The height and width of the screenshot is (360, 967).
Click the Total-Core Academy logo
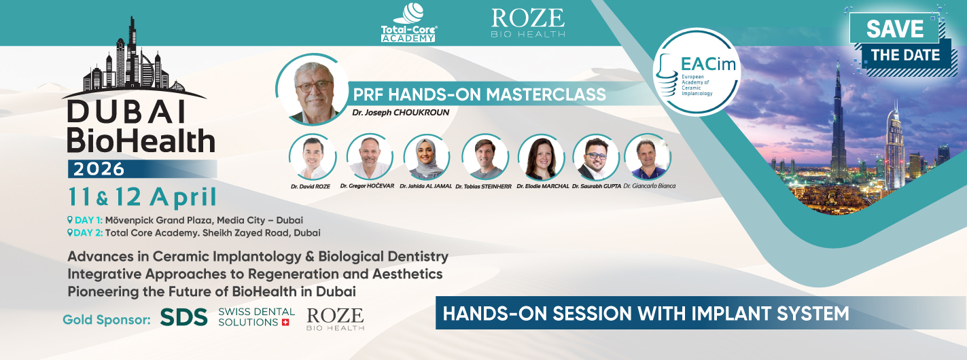(408, 22)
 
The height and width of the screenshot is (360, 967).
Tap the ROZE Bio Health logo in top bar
(527, 22)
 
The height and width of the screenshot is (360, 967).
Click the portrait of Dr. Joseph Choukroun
(313, 89)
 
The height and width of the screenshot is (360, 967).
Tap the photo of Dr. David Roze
(313, 157)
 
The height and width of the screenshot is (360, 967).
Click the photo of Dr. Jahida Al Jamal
(427, 157)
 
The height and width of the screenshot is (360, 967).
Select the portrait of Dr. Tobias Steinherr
(485, 157)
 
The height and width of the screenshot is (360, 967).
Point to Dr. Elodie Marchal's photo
(542, 157)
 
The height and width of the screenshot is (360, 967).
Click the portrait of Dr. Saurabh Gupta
(596, 157)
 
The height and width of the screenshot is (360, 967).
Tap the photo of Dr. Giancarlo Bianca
(648, 157)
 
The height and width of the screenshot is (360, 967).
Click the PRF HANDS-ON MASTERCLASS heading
(479, 94)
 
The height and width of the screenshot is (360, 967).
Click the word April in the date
(184, 197)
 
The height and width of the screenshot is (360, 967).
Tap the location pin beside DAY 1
(70, 220)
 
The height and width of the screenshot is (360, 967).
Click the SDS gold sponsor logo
(184, 317)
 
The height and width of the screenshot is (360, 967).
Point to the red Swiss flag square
(285, 322)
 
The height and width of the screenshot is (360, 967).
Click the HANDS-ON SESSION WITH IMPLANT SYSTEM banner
(646, 314)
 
